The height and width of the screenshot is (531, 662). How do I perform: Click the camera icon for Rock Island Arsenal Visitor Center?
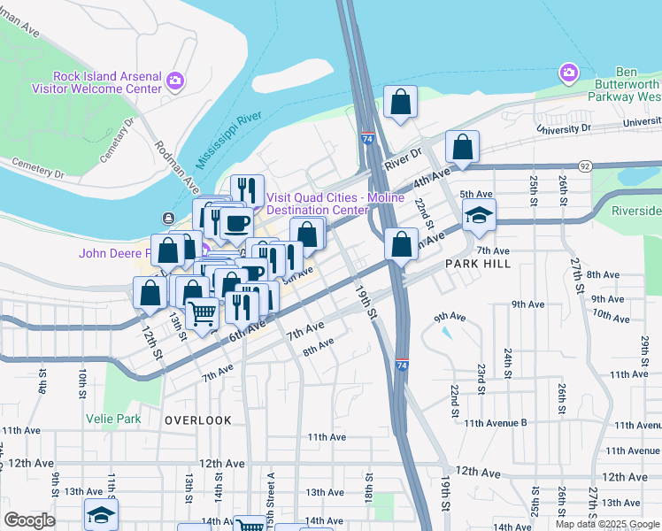[x=174, y=81]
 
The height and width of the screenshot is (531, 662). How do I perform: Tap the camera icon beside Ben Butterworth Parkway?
[x=567, y=71]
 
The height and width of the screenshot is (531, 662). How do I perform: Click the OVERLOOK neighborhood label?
[x=197, y=420]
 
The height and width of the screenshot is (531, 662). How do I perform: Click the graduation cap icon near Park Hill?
[x=479, y=215]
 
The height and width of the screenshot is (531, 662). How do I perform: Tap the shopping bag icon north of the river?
[x=401, y=101]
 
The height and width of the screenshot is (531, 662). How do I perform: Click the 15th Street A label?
[x=272, y=484]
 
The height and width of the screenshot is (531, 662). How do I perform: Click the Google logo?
[x=29, y=520]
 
